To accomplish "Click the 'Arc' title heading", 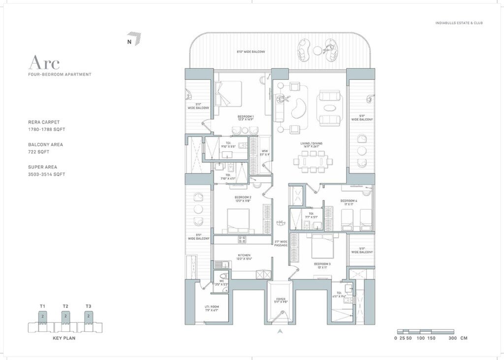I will pyautogui.click(x=44, y=63).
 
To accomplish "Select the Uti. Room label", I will pyautogui.click(x=212, y=308).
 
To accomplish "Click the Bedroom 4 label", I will pyautogui.click(x=348, y=202).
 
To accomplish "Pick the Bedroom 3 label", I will pyautogui.click(x=322, y=266).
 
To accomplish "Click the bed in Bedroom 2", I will pyautogui.click(x=238, y=220).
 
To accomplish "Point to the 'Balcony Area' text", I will pyautogui.click(x=45, y=145).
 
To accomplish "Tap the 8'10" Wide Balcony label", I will pyautogui.click(x=251, y=52).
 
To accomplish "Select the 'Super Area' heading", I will pyautogui.click(x=43, y=167).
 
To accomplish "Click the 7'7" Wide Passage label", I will pyautogui.click(x=281, y=243).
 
